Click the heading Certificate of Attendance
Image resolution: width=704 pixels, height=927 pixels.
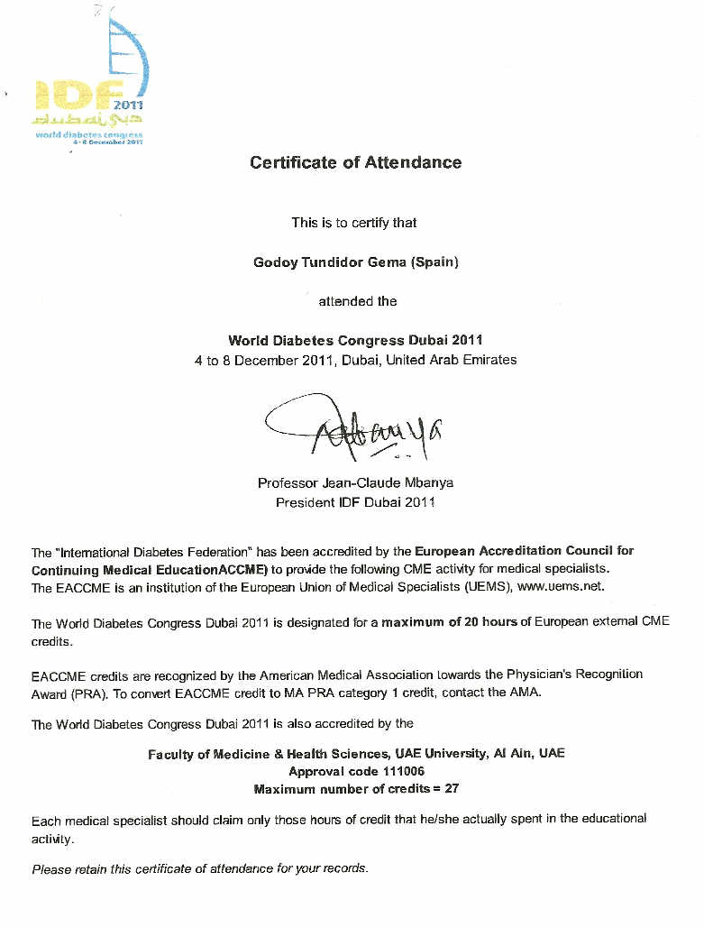[x=355, y=163]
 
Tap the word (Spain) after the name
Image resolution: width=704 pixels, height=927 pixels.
[x=434, y=262]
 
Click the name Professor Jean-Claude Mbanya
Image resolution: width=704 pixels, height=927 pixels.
[x=355, y=483]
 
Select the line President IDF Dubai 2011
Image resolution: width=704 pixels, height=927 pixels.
[x=355, y=502]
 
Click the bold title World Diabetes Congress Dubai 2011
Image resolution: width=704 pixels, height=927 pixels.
[x=355, y=341]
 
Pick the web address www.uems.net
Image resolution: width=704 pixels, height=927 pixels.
[x=559, y=587]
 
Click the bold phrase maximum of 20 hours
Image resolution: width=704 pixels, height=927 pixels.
[x=449, y=623]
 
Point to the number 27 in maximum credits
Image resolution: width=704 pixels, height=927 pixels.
[x=452, y=789]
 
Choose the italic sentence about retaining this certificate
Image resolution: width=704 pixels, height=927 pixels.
[x=200, y=868]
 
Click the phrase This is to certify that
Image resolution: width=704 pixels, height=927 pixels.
[x=354, y=223]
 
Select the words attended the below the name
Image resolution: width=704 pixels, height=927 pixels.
[x=357, y=301]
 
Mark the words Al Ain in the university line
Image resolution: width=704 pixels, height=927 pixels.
[x=513, y=754]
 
